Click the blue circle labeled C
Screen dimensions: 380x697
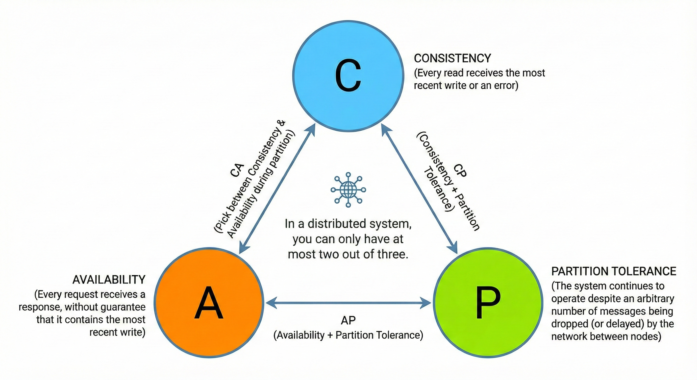(x=348, y=76)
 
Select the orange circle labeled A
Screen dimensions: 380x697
(x=209, y=303)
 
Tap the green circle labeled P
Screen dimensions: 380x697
(x=488, y=303)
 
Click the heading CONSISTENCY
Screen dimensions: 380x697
(x=452, y=58)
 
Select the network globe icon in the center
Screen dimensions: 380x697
(x=348, y=190)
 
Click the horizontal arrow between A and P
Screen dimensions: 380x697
(x=348, y=303)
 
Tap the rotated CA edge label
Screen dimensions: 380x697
(x=237, y=170)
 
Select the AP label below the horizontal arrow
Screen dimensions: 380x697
(x=348, y=320)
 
